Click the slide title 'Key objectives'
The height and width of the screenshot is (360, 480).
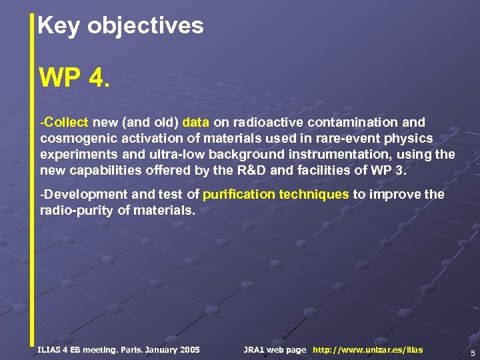(121, 26)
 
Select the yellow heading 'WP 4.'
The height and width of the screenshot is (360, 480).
(71, 78)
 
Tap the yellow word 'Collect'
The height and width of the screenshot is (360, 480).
(67, 123)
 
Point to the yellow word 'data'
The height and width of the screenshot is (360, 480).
(195, 123)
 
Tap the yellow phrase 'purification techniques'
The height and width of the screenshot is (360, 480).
(275, 195)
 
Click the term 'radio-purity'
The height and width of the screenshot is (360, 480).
(77, 211)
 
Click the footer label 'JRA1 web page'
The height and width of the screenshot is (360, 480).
(275, 350)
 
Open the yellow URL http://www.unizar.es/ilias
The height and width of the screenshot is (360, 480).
(367, 350)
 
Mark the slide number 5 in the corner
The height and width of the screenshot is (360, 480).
(472, 353)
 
